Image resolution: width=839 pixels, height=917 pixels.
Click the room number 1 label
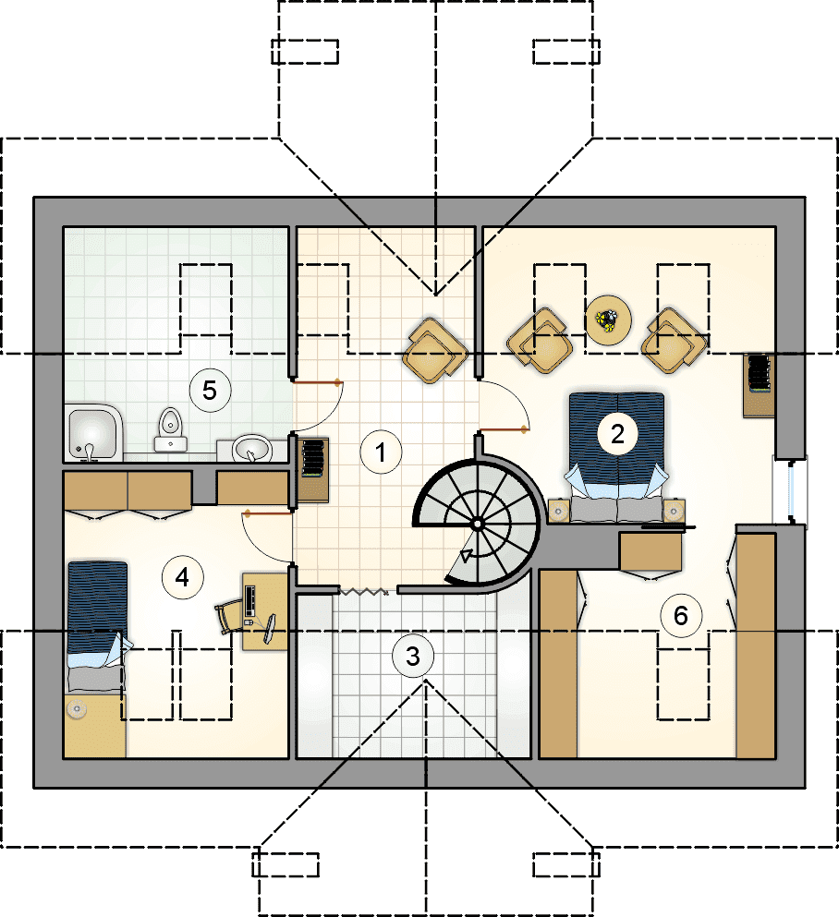coord(381,452)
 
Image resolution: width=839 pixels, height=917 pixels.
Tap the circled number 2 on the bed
coord(617,434)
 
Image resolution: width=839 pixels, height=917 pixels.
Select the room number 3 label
coord(413,657)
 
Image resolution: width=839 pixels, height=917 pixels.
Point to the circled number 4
coord(182,577)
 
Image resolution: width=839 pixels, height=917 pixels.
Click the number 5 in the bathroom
coord(210,390)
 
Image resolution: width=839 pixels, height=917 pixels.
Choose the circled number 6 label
coord(680,615)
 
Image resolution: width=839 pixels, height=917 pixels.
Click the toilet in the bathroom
coord(170,429)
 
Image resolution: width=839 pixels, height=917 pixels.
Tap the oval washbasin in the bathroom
coord(252,449)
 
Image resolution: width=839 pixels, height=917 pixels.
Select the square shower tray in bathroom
coord(93,433)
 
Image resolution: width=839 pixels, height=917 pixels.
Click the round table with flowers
coord(609,320)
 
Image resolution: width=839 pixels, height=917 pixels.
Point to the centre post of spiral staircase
coord(477,524)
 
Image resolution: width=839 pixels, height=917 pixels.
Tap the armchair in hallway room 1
coord(434,350)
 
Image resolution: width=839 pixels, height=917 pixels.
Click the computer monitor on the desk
coord(271,629)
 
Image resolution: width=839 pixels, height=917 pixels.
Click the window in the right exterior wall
coord(790,491)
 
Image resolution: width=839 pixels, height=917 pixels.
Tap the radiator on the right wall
coord(759,373)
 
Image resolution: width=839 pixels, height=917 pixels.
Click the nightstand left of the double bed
coord(558,511)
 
